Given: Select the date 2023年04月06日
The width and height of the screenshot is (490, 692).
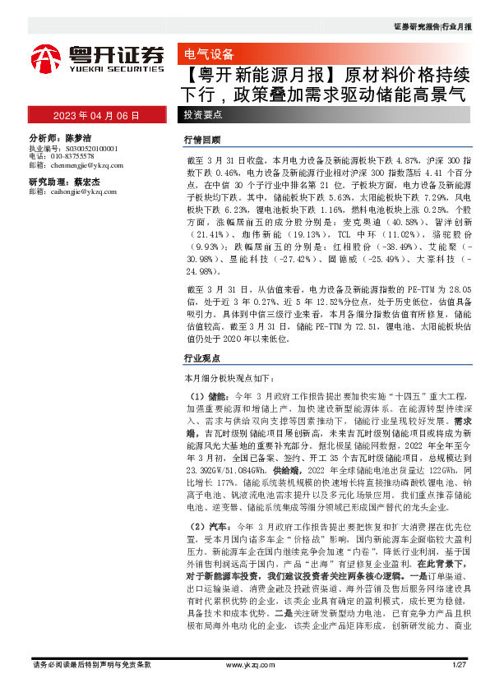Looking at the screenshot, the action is [x=97, y=115].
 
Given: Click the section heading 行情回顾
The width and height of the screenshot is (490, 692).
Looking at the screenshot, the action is [x=202, y=140].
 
